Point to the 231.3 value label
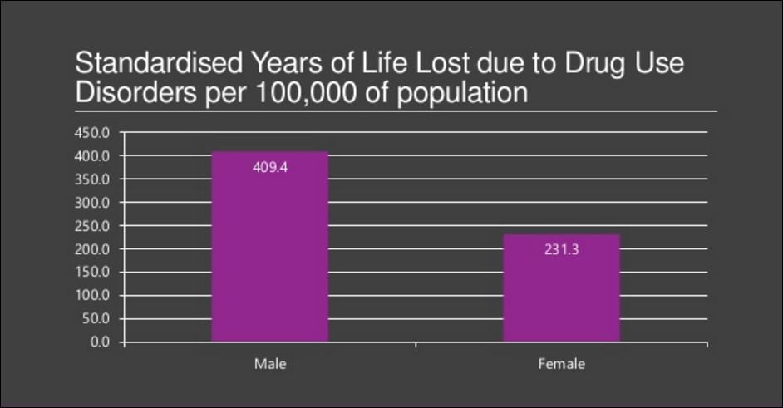(x=561, y=248)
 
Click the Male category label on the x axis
(x=269, y=364)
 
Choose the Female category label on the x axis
(x=561, y=364)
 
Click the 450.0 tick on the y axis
(x=93, y=132)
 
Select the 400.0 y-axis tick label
(x=93, y=155)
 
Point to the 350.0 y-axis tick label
(x=93, y=179)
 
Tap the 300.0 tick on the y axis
(x=93, y=202)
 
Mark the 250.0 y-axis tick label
(x=93, y=225)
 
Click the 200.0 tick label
(x=93, y=248)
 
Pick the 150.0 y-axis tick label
(x=93, y=272)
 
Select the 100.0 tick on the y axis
(x=93, y=295)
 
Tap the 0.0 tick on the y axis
(x=99, y=342)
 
